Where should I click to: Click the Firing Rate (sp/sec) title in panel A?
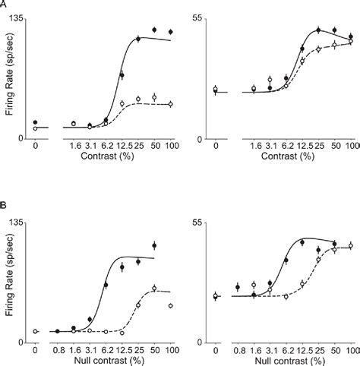pos(9,78)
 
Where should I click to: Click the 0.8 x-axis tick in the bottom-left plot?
pos(58,350)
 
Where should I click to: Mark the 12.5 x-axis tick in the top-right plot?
pos(302,145)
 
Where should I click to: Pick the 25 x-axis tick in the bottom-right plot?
pos(318,350)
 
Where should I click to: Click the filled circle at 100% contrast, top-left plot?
pos(171,32)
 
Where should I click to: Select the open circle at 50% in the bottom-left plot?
pos(154,289)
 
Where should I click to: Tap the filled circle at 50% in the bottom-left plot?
pos(154,245)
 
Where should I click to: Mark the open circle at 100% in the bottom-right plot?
pos(351,245)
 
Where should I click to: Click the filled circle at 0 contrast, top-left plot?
pos(36,122)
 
